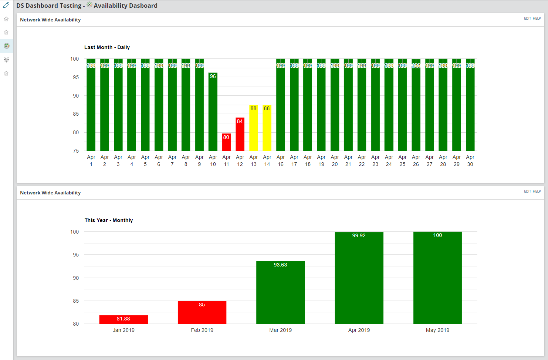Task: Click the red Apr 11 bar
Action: click(x=226, y=142)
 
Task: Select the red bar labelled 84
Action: click(x=240, y=135)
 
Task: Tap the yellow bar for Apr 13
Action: click(x=253, y=128)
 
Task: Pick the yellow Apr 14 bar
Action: click(x=267, y=128)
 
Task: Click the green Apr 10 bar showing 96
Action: click(x=213, y=112)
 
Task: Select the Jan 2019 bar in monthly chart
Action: click(x=124, y=320)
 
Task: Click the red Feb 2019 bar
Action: click(x=202, y=313)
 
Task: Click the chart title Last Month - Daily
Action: click(x=107, y=47)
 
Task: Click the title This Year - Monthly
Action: click(x=109, y=220)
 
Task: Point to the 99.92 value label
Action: click(x=359, y=235)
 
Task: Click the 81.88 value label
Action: click(x=124, y=319)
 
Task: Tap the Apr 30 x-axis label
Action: click(x=470, y=161)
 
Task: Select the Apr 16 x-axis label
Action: click(x=281, y=161)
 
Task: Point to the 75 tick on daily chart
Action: click(x=76, y=151)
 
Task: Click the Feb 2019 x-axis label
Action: click(x=202, y=330)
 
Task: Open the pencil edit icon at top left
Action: click(x=6, y=5)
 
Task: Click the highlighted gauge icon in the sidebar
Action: click(x=6, y=46)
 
